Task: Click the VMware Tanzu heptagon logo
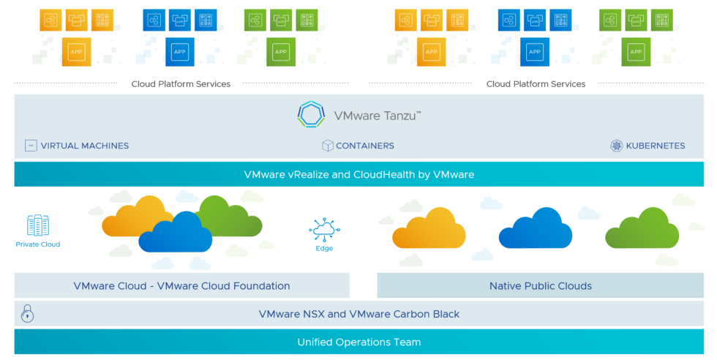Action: click(x=311, y=115)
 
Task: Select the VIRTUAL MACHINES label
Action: click(x=85, y=146)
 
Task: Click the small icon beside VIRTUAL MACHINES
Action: click(x=31, y=146)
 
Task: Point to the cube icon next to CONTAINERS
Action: click(x=328, y=146)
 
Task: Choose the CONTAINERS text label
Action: click(x=364, y=146)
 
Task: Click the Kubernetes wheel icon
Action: click(x=616, y=146)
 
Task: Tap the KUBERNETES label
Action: click(x=656, y=146)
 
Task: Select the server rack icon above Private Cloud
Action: click(x=38, y=225)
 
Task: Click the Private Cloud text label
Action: click(x=38, y=244)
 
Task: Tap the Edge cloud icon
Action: click(x=323, y=229)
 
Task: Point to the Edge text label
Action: click(x=324, y=249)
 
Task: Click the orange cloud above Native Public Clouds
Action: click(x=429, y=228)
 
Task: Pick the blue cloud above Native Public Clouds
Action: click(x=535, y=228)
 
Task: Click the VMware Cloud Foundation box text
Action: click(x=181, y=286)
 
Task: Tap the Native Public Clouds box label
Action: click(x=540, y=286)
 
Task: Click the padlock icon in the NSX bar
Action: click(x=28, y=314)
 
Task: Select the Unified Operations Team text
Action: click(x=358, y=342)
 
